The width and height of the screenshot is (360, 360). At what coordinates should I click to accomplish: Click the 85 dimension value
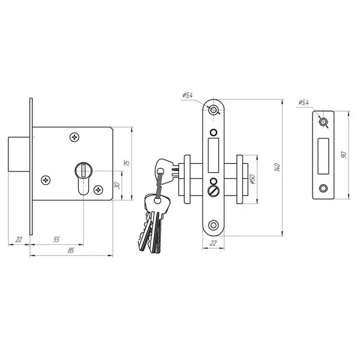pyautogui.click(x=71, y=250)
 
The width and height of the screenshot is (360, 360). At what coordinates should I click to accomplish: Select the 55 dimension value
pyautogui.click(x=56, y=239)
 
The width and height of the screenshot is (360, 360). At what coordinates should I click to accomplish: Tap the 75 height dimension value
pyautogui.click(x=127, y=163)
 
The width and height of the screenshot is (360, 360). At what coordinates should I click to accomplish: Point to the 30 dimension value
pyautogui.click(x=117, y=185)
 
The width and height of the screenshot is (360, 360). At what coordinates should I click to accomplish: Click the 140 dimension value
pyautogui.click(x=277, y=167)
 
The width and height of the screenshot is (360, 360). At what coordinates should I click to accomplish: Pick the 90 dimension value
pyautogui.click(x=344, y=155)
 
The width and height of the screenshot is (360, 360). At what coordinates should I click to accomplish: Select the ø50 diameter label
pyautogui.click(x=252, y=179)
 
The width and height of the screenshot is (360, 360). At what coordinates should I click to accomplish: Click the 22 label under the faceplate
pyautogui.click(x=213, y=243)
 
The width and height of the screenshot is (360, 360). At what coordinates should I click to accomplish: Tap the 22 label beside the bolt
pyautogui.click(x=19, y=239)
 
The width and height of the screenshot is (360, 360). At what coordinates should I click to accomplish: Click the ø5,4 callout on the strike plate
pyautogui.click(x=304, y=103)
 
